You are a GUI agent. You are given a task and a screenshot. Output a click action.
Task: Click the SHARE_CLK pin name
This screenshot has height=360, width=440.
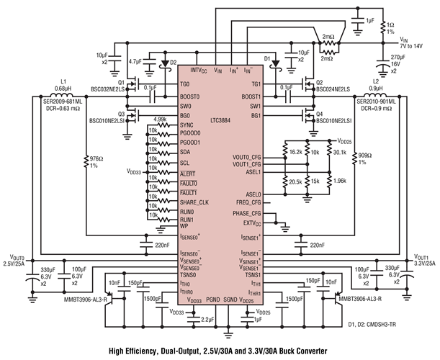[x=195, y=202]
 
